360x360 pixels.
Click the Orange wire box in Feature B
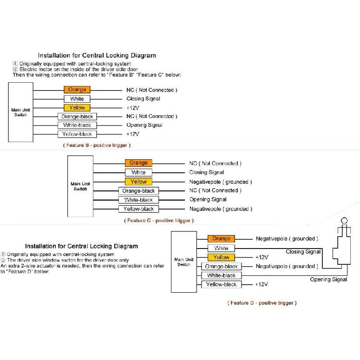[77, 90]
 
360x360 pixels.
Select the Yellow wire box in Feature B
[77, 108]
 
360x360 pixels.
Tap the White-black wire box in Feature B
[77, 125]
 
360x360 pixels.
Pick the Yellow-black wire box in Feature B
[77, 134]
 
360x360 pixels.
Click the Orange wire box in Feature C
[138, 163]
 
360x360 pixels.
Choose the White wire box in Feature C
[138, 172]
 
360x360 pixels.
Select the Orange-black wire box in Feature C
[138, 190]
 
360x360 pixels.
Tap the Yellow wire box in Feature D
[221, 257]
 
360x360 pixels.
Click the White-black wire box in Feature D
[221, 275]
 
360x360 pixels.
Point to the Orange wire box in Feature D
[221, 239]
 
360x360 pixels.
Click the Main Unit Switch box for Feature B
[20, 112]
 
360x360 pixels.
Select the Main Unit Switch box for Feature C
[80, 186]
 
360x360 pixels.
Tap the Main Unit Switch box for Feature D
[184, 262]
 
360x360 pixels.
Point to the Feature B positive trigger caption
[97, 145]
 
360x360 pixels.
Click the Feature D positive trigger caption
[262, 303]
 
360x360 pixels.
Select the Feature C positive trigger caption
[159, 221]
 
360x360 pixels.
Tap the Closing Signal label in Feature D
[303, 252]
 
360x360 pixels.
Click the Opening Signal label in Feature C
[208, 200]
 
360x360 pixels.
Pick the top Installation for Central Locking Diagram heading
[97, 55]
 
